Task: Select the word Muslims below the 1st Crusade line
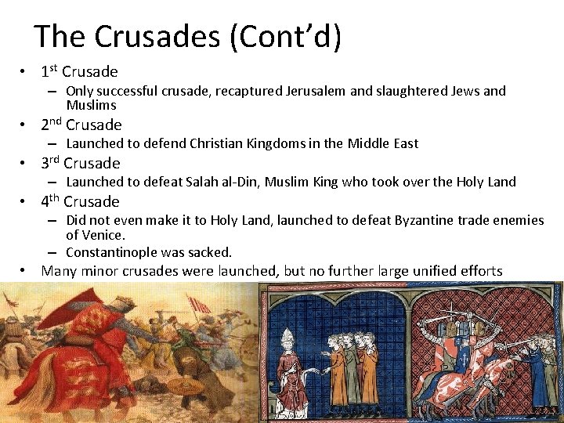[x=91, y=105]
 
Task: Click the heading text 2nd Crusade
[x=81, y=125]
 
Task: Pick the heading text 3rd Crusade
[x=81, y=163]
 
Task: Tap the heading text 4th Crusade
[x=81, y=201]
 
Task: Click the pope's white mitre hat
[x=288, y=338]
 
